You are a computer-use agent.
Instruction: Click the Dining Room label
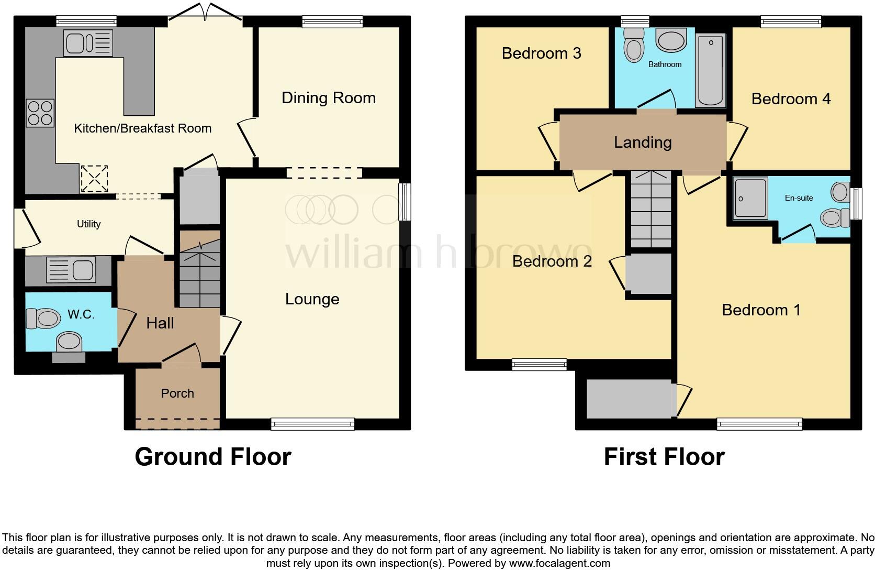click(328, 98)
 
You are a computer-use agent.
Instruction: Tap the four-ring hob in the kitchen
click(40, 113)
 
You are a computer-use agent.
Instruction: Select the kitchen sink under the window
click(87, 42)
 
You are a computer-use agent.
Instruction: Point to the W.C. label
click(81, 314)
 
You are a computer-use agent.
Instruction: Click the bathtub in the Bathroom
click(711, 70)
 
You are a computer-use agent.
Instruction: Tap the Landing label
click(643, 142)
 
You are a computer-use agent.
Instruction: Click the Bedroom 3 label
click(541, 53)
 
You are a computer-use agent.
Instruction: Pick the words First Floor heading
click(664, 457)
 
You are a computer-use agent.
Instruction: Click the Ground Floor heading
click(212, 457)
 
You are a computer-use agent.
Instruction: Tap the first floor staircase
click(650, 209)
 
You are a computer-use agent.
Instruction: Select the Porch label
click(177, 393)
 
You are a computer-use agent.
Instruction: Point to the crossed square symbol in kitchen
click(94, 178)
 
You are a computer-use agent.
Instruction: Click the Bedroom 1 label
click(761, 310)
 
